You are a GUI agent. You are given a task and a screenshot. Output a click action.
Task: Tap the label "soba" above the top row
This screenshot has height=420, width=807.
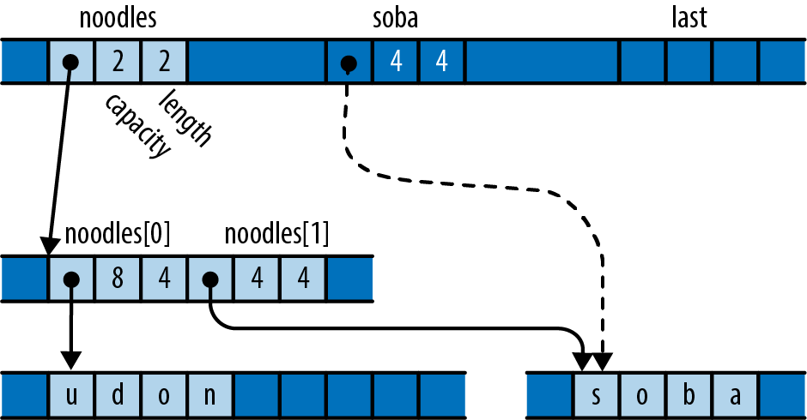pyautogui.click(x=394, y=18)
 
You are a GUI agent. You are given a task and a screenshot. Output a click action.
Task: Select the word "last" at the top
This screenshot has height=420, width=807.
pyautogui.click(x=689, y=18)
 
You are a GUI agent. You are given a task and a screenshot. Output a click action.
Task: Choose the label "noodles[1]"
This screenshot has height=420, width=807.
pyautogui.click(x=276, y=234)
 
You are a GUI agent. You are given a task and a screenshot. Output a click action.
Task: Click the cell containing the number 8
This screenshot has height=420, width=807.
pyautogui.click(x=118, y=279)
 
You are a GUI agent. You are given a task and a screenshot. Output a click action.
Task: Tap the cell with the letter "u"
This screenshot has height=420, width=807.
pyautogui.click(x=72, y=395)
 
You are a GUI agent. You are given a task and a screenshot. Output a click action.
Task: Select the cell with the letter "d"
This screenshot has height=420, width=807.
pyautogui.click(x=118, y=395)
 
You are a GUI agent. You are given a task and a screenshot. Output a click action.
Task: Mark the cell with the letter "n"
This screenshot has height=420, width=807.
pyautogui.click(x=211, y=395)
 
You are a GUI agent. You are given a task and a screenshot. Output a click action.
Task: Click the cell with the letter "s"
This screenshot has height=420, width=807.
pyautogui.click(x=595, y=395)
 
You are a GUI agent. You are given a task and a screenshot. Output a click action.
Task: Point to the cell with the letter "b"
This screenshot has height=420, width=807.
pyautogui.click(x=688, y=395)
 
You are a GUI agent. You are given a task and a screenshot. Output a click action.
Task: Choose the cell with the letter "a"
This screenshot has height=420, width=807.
pyautogui.click(x=734, y=395)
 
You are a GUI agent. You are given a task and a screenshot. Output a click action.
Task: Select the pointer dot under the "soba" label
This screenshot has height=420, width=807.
pyautogui.click(x=349, y=63)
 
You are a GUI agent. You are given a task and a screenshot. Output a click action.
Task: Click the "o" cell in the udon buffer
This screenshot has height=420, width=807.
pyautogui.click(x=165, y=395)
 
